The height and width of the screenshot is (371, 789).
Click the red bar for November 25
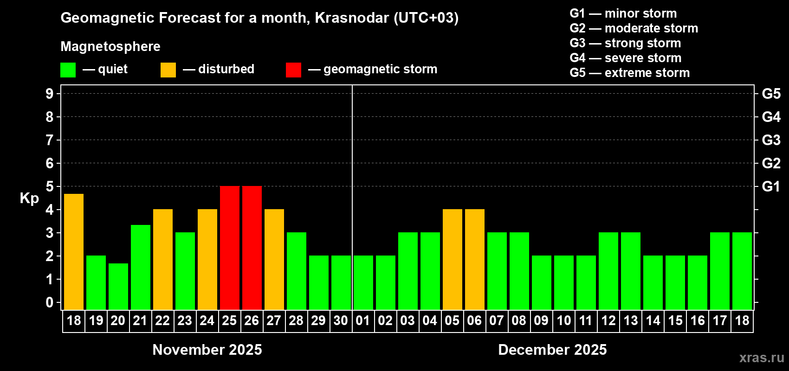[x=230, y=248]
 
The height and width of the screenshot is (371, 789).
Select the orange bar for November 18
[x=74, y=252]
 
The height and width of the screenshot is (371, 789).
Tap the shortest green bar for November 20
[x=118, y=287]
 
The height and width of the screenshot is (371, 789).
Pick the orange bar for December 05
[x=453, y=260]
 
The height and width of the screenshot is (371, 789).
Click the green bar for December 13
[x=631, y=271]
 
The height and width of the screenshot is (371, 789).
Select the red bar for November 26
[x=252, y=248]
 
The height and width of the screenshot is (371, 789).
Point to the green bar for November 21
[x=141, y=268]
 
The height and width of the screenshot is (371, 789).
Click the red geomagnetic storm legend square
[x=293, y=70]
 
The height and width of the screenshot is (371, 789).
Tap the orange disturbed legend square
[x=168, y=70]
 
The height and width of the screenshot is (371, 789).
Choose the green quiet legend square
[x=68, y=70]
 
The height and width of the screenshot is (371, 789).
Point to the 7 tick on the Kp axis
[x=50, y=140]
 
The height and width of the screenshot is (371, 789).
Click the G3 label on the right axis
[x=771, y=140]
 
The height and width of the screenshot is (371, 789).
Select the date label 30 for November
[x=341, y=321]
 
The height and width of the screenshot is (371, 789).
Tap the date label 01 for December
[x=363, y=321]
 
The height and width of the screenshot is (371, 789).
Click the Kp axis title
[x=29, y=198]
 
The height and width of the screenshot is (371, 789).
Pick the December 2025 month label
[x=552, y=350]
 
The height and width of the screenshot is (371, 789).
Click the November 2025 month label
[x=207, y=350]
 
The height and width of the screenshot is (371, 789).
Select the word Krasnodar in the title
[x=351, y=18]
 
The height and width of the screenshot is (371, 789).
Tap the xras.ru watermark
[x=762, y=358]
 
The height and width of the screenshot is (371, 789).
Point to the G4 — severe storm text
[x=625, y=58]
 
